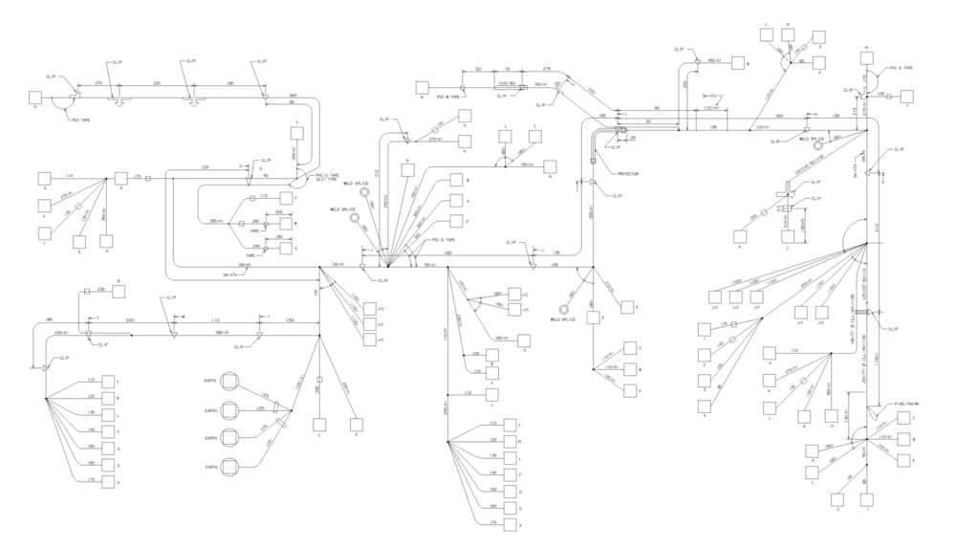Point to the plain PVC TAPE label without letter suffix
82,121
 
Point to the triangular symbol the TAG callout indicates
872,414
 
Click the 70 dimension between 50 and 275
508,69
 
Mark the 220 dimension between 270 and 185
157,84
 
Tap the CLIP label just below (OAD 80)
500,96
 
